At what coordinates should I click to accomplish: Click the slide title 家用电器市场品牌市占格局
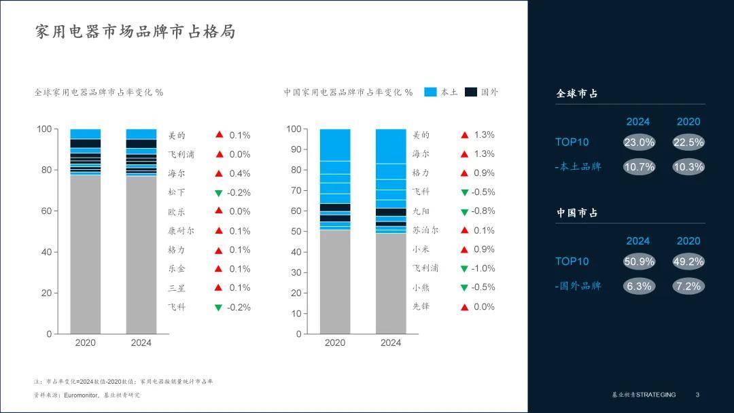[x=135, y=32]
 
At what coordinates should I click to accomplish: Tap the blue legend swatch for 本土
[x=430, y=92]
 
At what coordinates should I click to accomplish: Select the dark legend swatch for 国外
[x=471, y=92]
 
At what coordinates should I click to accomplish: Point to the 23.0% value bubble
[x=639, y=143]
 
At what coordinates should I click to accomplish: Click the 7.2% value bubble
[x=688, y=286]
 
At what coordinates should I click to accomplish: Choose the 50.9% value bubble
[x=639, y=262]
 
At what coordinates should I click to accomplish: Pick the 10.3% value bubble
[x=688, y=166]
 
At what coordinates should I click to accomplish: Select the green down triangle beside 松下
[x=219, y=193]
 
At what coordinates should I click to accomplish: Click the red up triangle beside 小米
[x=465, y=250]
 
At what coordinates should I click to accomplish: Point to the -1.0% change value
[x=483, y=268]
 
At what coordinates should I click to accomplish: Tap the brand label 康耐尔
[x=181, y=231]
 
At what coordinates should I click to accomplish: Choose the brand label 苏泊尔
[x=425, y=230]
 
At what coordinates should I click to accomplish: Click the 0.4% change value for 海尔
[x=239, y=173]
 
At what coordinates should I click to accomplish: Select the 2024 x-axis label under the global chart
[x=141, y=342]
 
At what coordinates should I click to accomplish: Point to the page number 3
[x=697, y=395]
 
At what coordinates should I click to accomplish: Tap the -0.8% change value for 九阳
[x=483, y=211]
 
